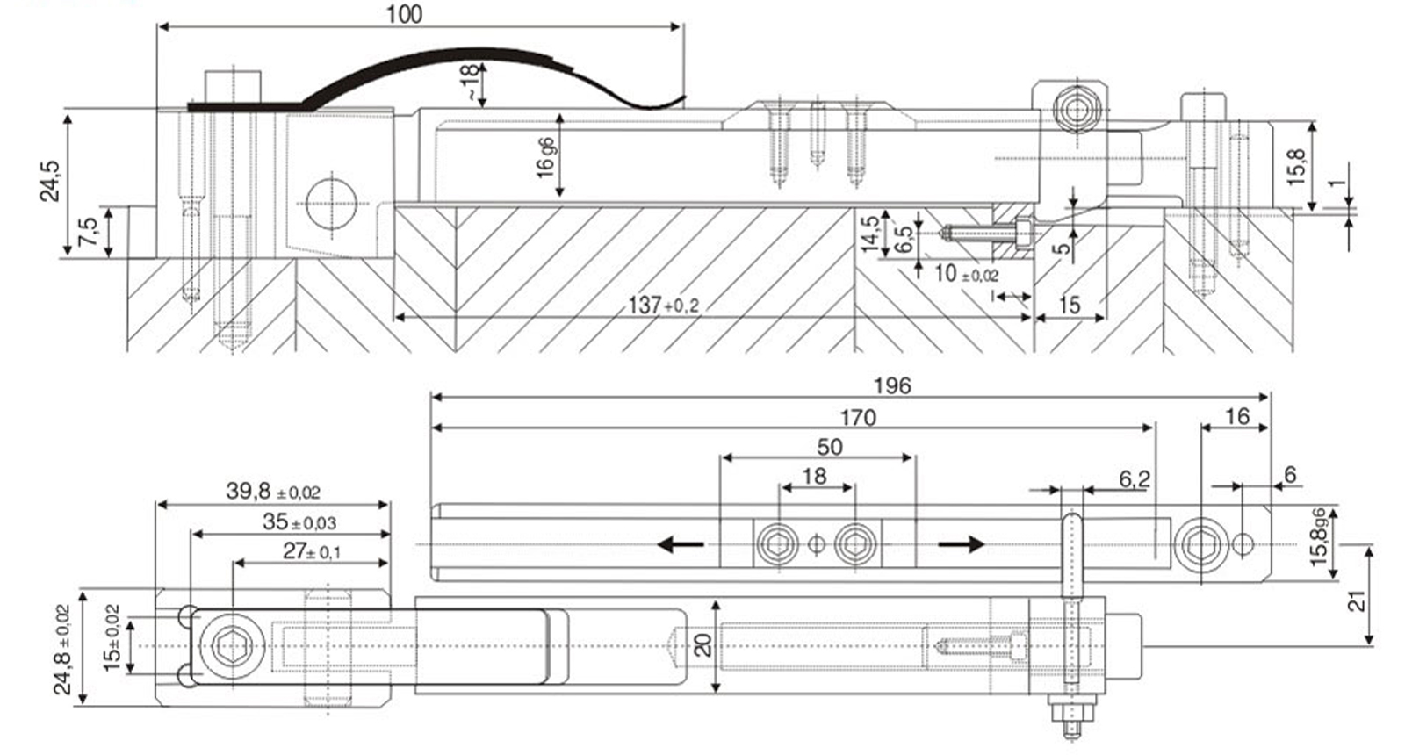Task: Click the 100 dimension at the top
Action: coord(404,14)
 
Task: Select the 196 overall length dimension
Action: coord(892,385)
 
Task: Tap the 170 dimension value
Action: coord(857,417)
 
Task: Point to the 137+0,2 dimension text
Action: coord(662,305)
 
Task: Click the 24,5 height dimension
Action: coord(50,181)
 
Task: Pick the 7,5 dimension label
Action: coord(89,233)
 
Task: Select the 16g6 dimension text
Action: coord(545,157)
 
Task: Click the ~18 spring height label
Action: coord(471,83)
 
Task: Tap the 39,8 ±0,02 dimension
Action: coord(272,491)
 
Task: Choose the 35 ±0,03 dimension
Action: coord(299,521)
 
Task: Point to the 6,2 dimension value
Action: coord(1134,478)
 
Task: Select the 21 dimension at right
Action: coord(1358,600)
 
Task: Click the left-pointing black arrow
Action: coord(681,545)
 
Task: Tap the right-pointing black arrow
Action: coord(961,545)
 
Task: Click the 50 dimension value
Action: coord(830,447)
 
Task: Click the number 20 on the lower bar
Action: coord(702,646)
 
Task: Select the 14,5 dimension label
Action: coord(869,234)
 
